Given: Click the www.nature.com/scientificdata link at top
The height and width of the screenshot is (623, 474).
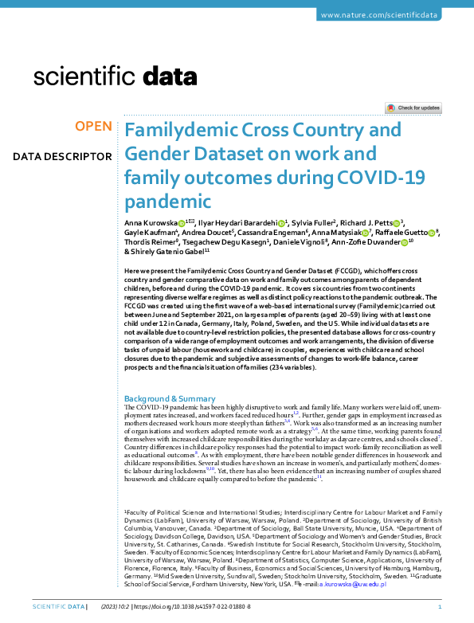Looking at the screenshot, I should pyautogui.click(x=389, y=15).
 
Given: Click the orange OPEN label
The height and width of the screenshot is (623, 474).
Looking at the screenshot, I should pyautogui.click(x=93, y=127).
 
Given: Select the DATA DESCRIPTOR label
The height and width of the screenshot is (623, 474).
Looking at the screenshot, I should pyautogui.click(x=62, y=156).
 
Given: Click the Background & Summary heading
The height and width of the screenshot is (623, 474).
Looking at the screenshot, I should pyautogui.click(x=170, y=398).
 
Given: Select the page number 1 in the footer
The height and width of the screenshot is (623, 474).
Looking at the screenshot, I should pyautogui.click(x=451, y=606).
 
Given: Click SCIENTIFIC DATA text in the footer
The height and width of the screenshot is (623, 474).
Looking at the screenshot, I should pyautogui.click(x=58, y=606).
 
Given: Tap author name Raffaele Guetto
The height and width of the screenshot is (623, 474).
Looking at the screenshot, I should pyautogui.click(x=401, y=232).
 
